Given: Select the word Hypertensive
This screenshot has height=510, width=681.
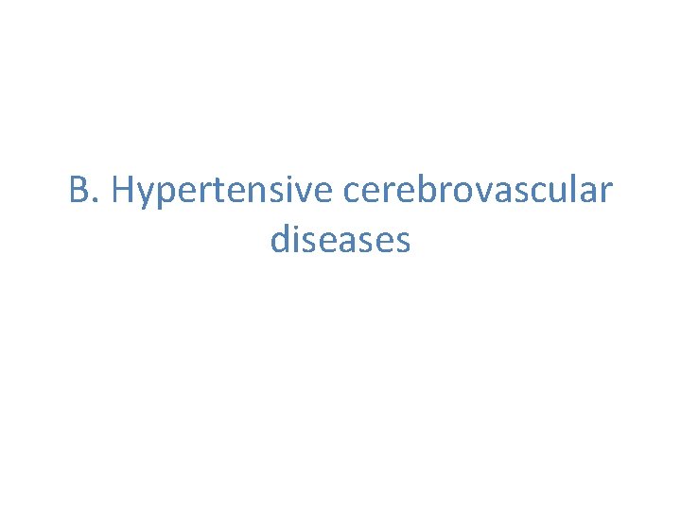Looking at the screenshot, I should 222,192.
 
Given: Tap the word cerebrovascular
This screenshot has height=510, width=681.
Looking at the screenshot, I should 478,190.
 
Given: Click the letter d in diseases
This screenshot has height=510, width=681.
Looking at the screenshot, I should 280,239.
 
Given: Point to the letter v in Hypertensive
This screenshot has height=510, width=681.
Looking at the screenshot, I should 301,194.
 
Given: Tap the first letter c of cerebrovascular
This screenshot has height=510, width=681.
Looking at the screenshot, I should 352,194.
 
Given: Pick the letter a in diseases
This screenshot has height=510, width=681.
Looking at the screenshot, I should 360,243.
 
